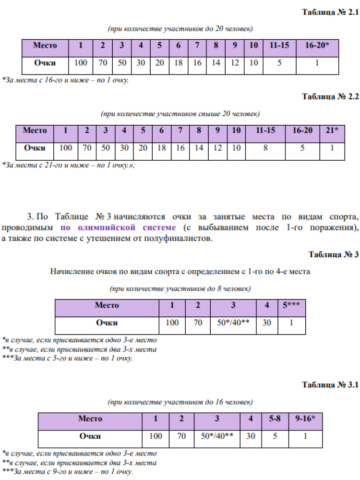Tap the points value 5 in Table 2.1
279,63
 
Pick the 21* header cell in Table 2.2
333,131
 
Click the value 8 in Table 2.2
265,148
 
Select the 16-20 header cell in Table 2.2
302,131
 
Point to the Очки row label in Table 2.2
35,148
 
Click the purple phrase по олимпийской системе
119,227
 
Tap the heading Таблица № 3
334,254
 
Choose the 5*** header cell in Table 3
291,305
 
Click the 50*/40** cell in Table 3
233,323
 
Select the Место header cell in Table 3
107,305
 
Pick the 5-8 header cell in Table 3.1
275,419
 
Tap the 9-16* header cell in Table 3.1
305,419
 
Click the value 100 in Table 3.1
156,436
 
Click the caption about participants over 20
180,114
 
